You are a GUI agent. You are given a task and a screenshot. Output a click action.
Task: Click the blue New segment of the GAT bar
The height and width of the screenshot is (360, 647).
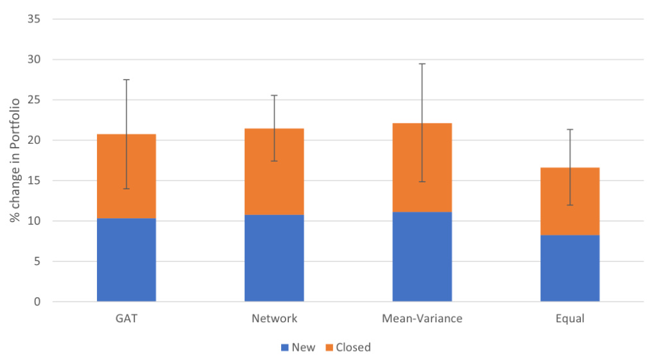126,260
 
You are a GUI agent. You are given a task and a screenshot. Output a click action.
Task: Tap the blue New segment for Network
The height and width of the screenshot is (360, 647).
274,258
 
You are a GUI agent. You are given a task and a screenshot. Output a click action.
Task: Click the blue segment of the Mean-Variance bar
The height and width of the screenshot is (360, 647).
422,257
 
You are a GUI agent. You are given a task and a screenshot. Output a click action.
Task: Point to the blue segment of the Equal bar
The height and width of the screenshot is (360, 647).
570,268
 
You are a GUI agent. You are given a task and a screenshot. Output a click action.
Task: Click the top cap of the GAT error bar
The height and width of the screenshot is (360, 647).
126,80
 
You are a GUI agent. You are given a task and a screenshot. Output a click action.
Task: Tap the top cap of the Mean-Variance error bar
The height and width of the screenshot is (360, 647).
422,64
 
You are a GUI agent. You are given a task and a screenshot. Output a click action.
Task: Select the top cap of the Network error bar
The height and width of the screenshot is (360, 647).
274,96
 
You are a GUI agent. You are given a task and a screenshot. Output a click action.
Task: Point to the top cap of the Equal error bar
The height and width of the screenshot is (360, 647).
570,130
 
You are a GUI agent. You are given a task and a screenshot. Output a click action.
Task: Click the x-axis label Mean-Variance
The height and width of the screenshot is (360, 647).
422,318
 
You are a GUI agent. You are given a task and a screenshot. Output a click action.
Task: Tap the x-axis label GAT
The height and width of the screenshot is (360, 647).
126,318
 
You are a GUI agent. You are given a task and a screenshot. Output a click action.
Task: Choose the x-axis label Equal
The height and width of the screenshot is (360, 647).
570,318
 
